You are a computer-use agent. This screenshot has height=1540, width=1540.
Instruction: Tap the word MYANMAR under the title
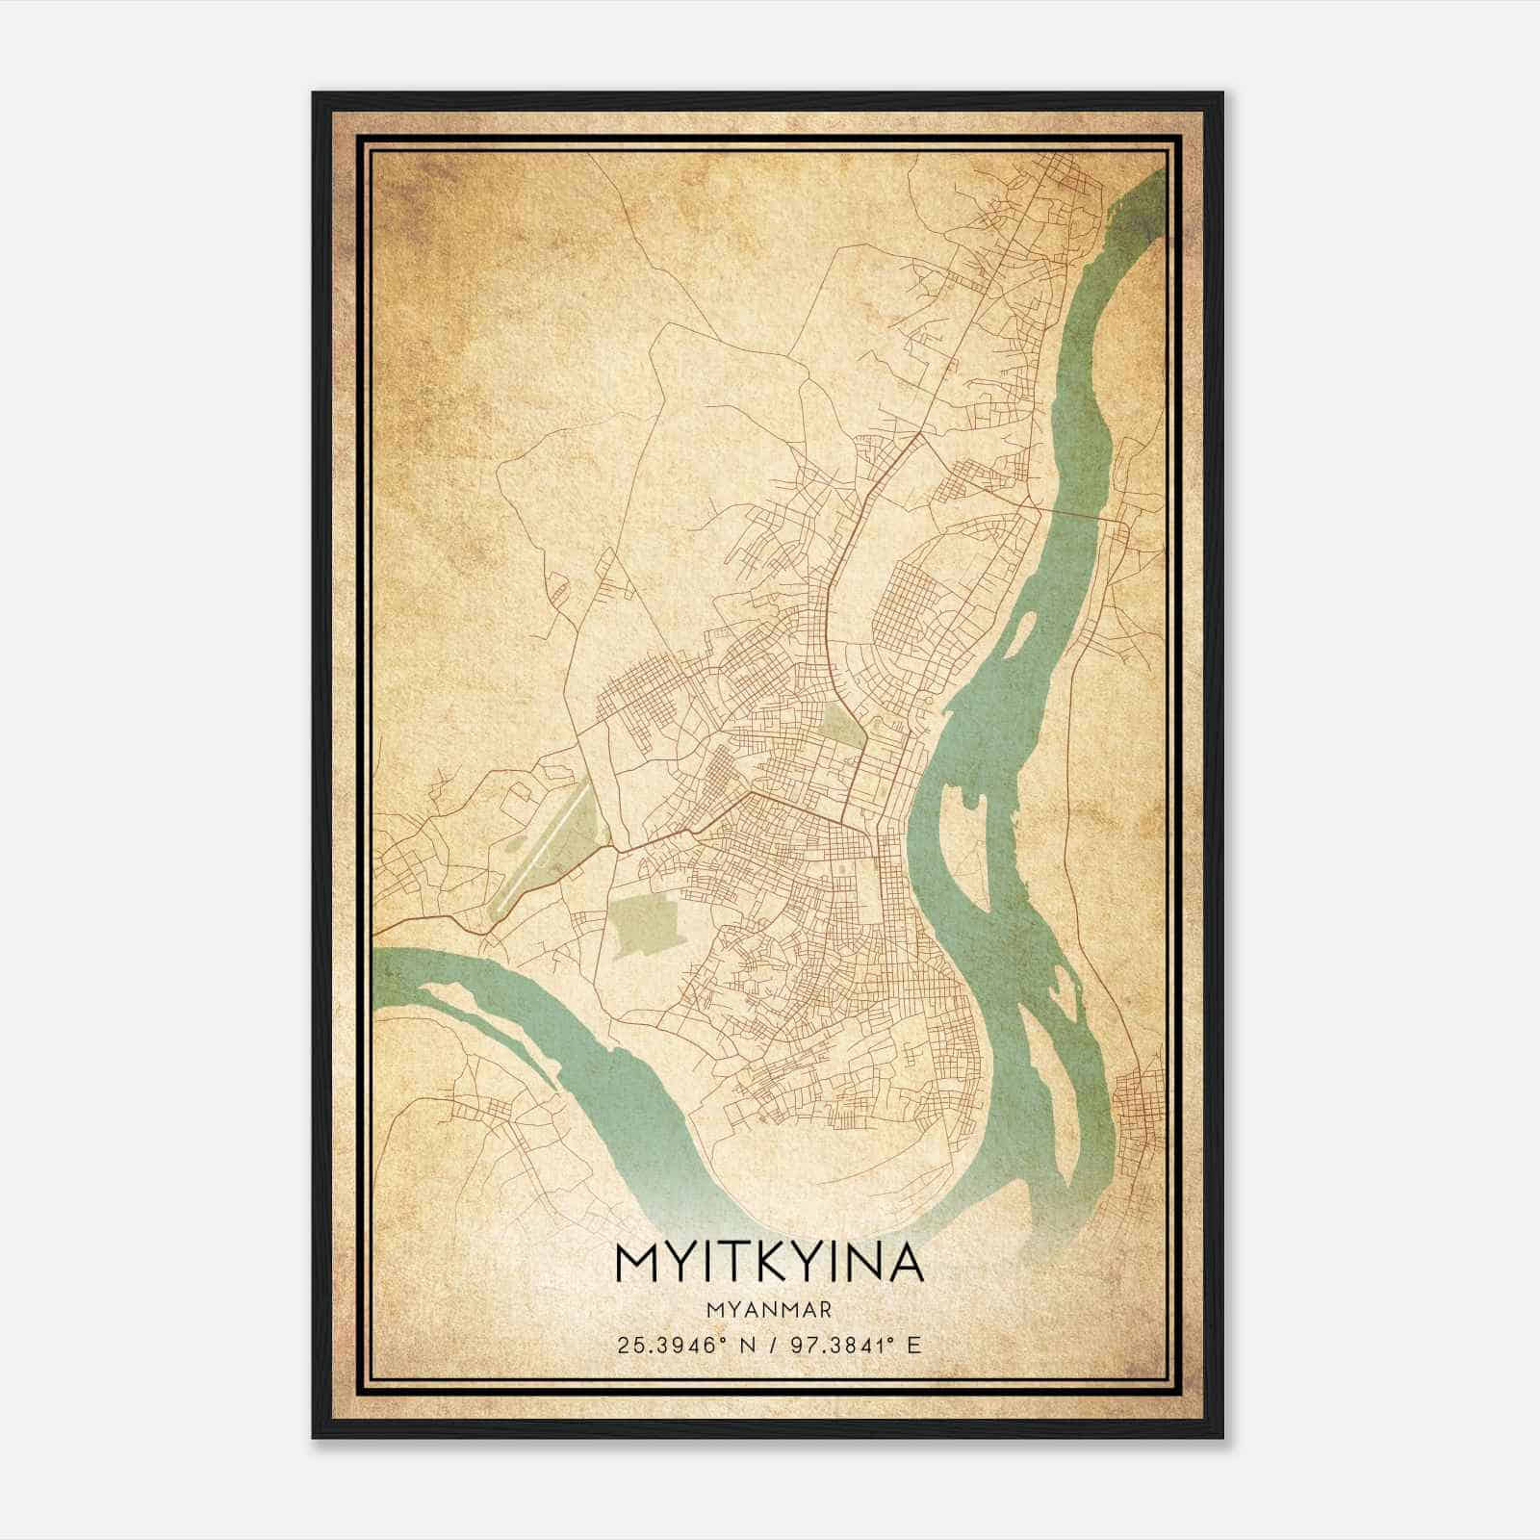[767, 1309]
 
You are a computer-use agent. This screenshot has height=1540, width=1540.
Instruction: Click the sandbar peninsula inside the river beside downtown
[962, 847]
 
